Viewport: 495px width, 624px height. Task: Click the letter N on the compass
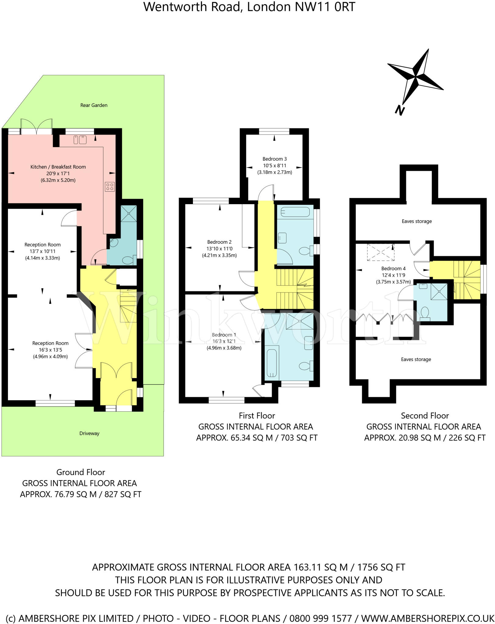click(399, 110)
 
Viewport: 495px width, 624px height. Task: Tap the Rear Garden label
click(94, 105)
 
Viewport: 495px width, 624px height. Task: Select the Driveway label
click(89, 433)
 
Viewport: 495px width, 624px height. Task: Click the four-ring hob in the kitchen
click(110, 186)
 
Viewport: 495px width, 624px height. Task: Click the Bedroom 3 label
click(274, 159)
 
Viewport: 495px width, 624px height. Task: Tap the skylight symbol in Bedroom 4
click(380, 252)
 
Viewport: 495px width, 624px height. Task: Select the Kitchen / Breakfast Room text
click(58, 167)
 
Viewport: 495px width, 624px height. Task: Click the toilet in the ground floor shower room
click(129, 260)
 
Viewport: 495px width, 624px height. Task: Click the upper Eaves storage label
click(417, 221)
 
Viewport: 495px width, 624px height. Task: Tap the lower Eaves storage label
click(416, 359)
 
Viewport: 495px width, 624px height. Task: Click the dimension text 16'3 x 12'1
click(224, 341)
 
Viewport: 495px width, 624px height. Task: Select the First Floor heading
click(257, 416)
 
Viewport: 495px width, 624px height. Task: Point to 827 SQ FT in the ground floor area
click(123, 494)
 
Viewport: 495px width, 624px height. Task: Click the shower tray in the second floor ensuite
click(439, 292)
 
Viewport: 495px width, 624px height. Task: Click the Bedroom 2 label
click(219, 242)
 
